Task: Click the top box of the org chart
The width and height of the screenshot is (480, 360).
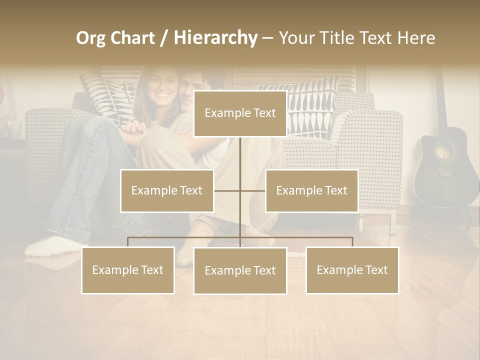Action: pyautogui.click(x=240, y=113)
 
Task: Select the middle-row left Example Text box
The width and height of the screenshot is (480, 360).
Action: pyautogui.click(x=167, y=190)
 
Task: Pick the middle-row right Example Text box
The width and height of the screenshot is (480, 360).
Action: pyautogui.click(x=311, y=190)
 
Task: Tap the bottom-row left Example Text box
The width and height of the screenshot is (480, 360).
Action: pyautogui.click(x=128, y=270)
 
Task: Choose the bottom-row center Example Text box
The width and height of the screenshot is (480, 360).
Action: pyautogui.click(x=240, y=270)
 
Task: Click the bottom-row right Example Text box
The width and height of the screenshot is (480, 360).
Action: pyautogui.click(x=352, y=270)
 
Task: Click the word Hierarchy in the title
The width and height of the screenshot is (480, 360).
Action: pyautogui.click(x=215, y=38)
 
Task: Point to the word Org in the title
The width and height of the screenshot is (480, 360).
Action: pyautogui.click(x=90, y=38)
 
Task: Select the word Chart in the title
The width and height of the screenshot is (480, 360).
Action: pyautogui.click(x=132, y=38)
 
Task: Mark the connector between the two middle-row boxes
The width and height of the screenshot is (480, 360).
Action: pyautogui.click(x=239, y=190)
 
